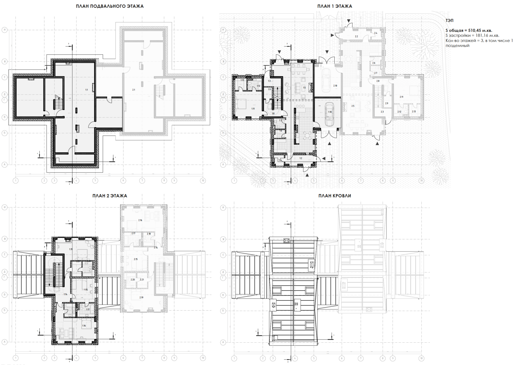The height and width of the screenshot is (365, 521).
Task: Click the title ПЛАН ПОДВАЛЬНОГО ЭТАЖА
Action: (109, 6)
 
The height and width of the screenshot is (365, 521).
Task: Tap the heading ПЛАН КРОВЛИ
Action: (335, 196)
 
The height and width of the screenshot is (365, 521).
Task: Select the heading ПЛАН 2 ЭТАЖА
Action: (109, 196)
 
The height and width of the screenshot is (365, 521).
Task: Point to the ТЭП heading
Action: (449, 20)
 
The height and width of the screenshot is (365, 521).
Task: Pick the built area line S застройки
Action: (472, 35)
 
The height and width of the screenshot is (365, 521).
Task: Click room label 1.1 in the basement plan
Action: (87, 90)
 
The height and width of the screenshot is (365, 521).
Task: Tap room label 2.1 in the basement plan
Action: (134, 90)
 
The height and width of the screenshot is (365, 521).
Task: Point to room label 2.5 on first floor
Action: (353, 106)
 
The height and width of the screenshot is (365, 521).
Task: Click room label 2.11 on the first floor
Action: (401, 97)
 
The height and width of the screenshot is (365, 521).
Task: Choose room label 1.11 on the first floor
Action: (253, 109)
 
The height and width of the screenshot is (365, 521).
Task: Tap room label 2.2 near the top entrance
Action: (356, 37)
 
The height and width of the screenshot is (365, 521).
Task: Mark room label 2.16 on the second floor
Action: (140, 220)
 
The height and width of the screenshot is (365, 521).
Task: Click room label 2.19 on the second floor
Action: (141, 297)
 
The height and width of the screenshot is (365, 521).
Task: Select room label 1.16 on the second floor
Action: (84, 326)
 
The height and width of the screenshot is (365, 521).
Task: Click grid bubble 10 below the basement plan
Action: (203, 181)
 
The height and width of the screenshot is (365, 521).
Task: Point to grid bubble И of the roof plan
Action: (223, 208)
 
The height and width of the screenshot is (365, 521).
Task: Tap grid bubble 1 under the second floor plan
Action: (16, 358)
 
